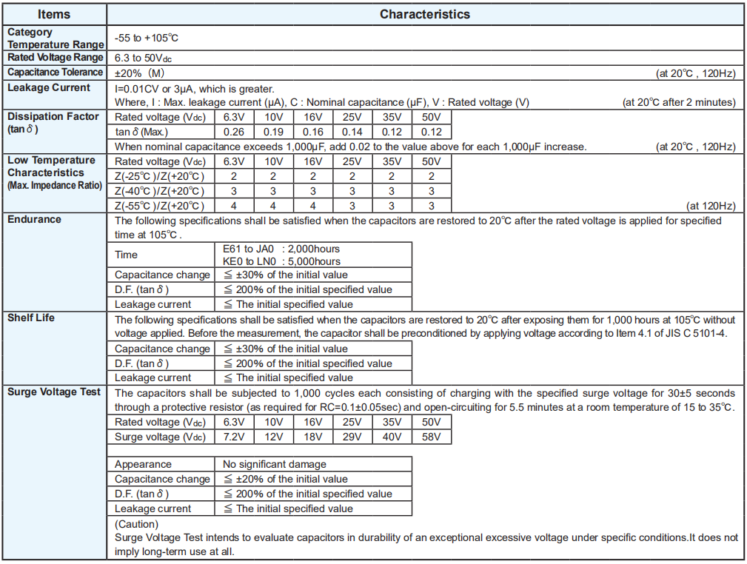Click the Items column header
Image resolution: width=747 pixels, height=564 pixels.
coord(55,14)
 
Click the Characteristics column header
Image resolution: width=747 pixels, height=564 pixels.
coord(424,14)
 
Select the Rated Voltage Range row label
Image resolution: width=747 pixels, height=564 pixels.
coord(55,57)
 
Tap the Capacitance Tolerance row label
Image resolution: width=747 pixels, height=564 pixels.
coord(55,72)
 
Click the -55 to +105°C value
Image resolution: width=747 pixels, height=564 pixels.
coord(147,37)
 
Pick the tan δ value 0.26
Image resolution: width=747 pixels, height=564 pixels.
coord(234,132)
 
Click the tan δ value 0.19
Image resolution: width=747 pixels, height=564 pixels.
coord(273,132)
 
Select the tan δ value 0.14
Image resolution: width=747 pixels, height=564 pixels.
coord(352,132)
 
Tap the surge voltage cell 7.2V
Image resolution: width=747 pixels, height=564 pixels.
coord(234,437)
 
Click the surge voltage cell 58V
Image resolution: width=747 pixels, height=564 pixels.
coord(431,437)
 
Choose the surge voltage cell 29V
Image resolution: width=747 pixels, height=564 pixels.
coord(352,437)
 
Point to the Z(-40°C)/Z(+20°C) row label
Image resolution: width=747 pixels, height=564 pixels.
coord(159,191)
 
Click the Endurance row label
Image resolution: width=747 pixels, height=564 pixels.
coord(34,220)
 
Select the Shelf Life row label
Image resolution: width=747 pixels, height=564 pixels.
coord(31,318)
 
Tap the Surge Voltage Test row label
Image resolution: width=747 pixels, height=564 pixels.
coord(54,392)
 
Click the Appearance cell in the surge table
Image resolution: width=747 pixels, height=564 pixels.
coord(143,464)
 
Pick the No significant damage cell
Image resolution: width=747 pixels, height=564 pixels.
coord(275,464)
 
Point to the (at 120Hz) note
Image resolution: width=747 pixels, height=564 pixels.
coord(711,206)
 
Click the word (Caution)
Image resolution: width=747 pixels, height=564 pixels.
coord(136,524)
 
